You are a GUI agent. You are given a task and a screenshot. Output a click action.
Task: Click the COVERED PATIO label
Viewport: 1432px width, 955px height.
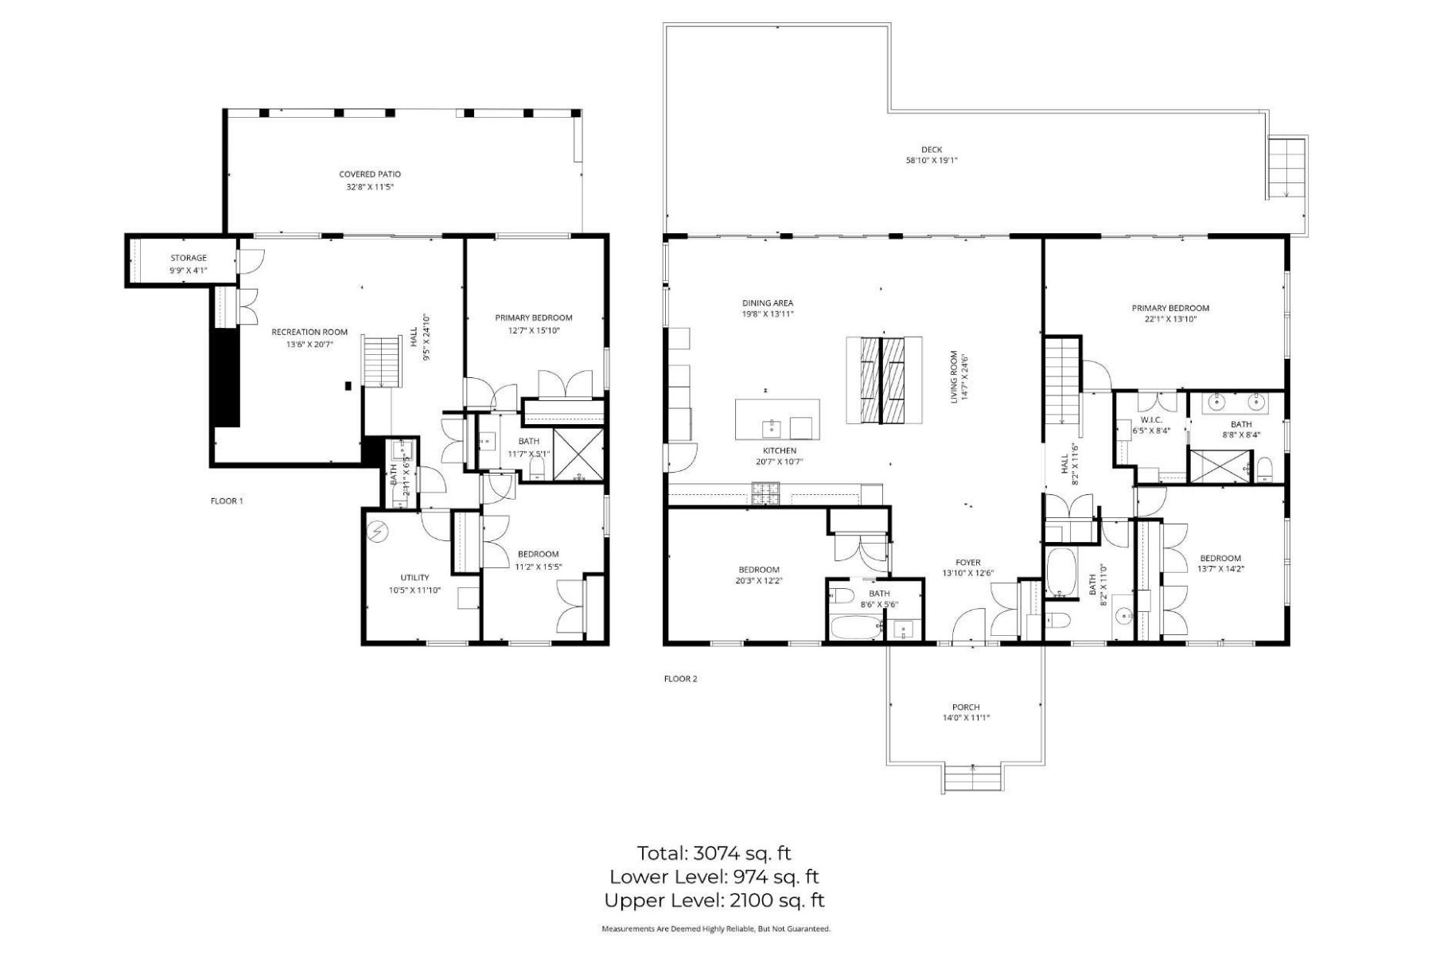click(370, 174)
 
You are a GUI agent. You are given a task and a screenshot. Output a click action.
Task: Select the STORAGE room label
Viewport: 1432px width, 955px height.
click(189, 258)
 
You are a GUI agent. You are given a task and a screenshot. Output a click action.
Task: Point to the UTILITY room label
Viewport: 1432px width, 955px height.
click(414, 578)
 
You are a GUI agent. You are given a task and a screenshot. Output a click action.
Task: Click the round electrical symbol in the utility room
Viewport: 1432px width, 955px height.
click(379, 531)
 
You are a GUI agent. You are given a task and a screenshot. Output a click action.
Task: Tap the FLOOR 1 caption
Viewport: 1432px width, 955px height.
click(227, 501)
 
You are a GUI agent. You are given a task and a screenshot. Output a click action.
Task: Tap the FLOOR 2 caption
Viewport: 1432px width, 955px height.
click(680, 679)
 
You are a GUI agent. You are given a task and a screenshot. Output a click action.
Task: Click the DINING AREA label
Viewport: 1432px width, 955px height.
click(768, 303)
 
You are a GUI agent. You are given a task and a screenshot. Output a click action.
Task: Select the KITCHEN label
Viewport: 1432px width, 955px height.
click(779, 450)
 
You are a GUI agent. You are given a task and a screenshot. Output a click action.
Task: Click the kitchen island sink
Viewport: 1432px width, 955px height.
click(771, 428)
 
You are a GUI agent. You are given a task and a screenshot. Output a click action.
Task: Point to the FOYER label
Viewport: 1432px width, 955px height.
click(968, 563)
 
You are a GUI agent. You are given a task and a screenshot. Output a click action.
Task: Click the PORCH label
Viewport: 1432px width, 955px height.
click(966, 707)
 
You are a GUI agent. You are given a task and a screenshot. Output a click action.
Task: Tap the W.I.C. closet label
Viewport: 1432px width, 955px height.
click(1151, 419)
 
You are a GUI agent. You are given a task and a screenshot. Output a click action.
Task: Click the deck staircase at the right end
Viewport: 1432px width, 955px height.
click(1286, 168)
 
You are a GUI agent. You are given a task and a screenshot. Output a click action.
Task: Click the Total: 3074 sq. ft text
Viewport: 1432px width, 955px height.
click(714, 854)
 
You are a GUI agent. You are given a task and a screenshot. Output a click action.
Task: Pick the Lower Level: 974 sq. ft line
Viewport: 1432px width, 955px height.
click(714, 877)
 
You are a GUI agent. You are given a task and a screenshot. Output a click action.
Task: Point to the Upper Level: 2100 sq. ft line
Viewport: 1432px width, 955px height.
click(714, 901)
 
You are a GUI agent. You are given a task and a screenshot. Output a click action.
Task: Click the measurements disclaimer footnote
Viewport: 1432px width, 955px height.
click(715, 929)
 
